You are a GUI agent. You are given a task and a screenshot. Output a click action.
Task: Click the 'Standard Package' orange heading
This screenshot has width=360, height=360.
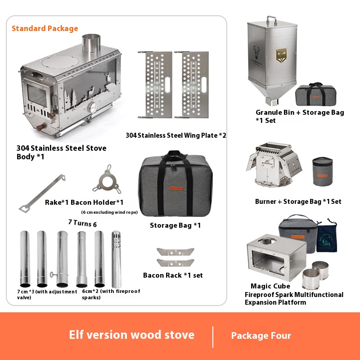[x=45, y=28]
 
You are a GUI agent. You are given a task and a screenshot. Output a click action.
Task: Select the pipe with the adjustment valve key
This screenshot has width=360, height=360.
[x=62, y=259]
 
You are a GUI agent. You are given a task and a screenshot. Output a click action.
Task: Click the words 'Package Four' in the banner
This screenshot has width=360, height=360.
[x=261, y=336]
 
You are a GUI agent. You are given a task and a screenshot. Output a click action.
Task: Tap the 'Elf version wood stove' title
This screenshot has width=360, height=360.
[x=131, y=335]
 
